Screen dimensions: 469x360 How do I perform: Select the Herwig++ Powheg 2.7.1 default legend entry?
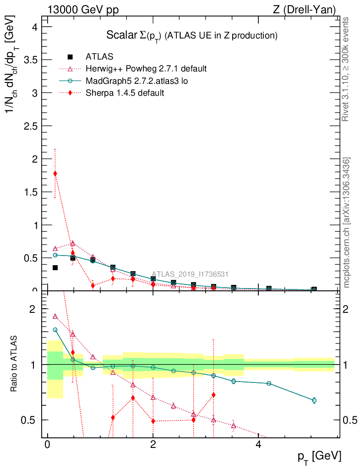pyautogui.click(x=146, y=69)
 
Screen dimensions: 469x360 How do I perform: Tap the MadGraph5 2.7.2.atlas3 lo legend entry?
pyautogui.click(x=137, y=81)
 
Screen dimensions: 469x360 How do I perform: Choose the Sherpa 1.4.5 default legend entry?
pyautogui.click(x=125, y=93)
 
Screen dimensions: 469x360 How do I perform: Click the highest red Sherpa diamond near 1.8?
pyautogui.click(x=55, y=173)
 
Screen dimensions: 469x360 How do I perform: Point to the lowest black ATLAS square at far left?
pyautogui.click(x=55, y=267)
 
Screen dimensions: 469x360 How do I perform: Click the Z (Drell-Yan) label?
pyautogui.click(x=304, y=10)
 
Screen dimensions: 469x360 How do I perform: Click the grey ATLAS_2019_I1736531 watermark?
pyautogui.click(x=190, y=274)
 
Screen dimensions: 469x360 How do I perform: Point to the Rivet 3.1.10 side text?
pyautogui.click(x=346, y=69)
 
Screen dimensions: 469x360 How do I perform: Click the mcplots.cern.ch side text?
pyautogui.click(x=347, y=223)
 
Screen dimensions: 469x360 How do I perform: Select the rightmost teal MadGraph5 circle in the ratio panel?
pyautogui.click(x=314, y=400)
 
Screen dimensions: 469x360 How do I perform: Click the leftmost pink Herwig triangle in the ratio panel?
pyautogui.click(x=55, y=316)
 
